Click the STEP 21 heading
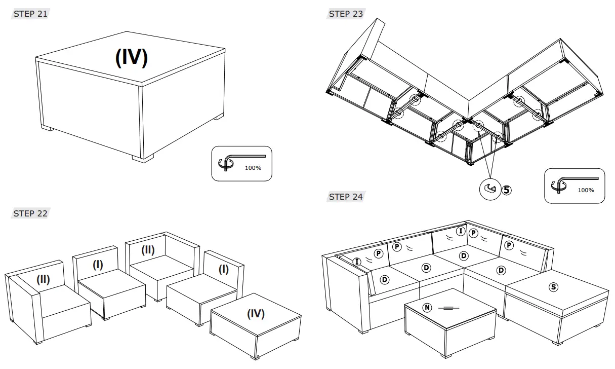click(30, 14)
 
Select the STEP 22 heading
click(30, 214)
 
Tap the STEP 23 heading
click(346, 14)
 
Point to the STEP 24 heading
click(346, 197)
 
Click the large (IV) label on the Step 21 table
click(132, 57)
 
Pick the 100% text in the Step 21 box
click(253, 168)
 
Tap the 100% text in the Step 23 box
click(586, 190)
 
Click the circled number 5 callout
click(506, 190)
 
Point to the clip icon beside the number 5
click(490, 189)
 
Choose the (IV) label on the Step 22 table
click(256, 314)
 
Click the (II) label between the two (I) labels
click(148, 250)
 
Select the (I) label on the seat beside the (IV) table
click(223, 270)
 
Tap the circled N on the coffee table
click(427, 307)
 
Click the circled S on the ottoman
click(554, 287)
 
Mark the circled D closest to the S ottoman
click(501, 270)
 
